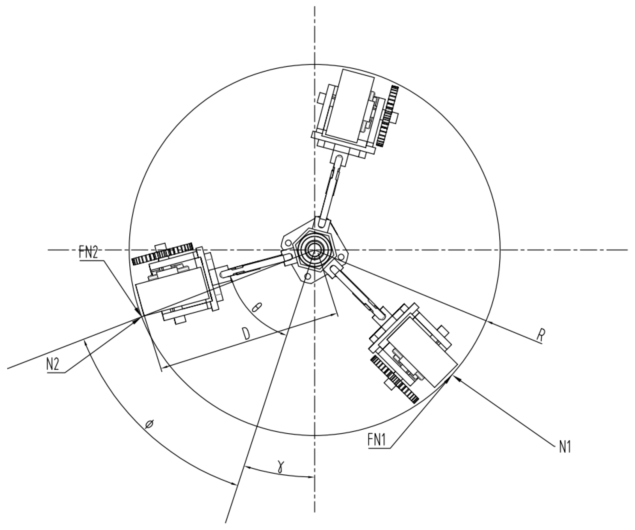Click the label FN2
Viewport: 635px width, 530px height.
click(x=88, y=253)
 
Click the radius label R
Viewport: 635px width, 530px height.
click(x=540, y=337)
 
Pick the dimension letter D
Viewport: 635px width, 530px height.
click(x=247, y=334)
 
